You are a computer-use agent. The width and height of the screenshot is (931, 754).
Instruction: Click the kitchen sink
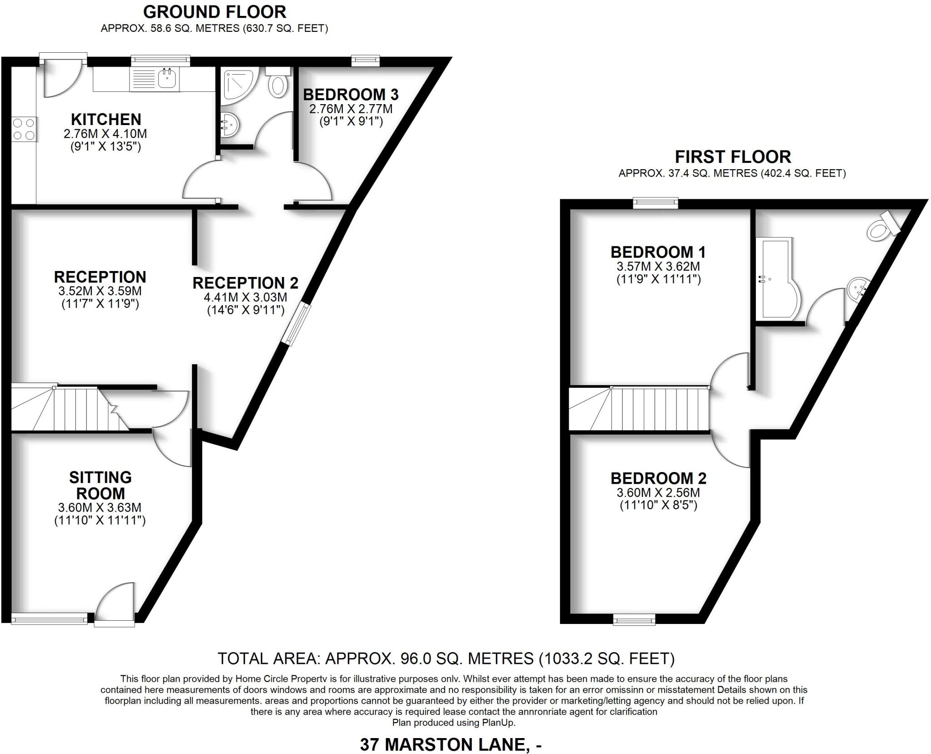click(167, 79)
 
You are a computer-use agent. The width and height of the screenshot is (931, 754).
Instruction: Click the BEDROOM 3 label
click(350, 95)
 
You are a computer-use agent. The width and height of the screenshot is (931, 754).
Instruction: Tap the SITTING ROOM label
click(100, 485)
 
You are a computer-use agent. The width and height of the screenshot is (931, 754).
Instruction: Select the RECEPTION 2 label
click(245, 283)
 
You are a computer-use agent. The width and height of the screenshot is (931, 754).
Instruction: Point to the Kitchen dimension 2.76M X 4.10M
click(105, 134)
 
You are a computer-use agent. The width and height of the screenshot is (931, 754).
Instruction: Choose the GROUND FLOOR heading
click(215, 12)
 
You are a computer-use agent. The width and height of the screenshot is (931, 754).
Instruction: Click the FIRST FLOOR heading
click(733, 157)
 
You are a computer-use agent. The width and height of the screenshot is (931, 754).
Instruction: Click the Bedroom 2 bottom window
click(634, 619)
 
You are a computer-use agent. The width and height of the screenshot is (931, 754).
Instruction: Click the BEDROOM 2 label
click(658, 478)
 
